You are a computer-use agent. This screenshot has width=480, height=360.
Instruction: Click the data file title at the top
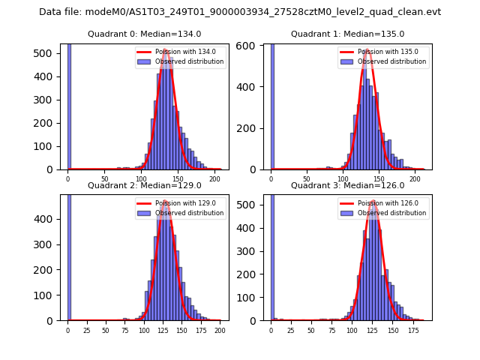[x=240, y=12]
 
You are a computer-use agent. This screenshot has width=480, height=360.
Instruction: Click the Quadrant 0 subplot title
[x=144, y=34]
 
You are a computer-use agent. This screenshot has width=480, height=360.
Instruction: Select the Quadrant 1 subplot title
[x=347, y=34]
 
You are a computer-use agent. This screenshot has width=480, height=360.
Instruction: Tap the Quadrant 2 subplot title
[x=144, y=185]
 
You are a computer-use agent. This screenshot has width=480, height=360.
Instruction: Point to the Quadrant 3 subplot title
[x=347, y=185]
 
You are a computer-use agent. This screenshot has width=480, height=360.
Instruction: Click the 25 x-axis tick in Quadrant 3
[x=290, y=330]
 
